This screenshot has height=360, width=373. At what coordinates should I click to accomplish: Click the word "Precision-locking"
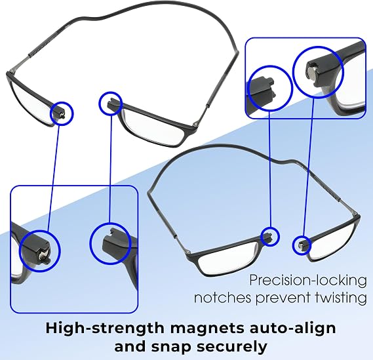(308, 281)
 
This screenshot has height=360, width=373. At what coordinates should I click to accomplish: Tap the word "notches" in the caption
(222, 298)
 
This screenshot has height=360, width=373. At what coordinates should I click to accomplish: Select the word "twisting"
(341, 298)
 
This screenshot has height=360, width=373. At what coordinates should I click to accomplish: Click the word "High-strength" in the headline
(105, 329)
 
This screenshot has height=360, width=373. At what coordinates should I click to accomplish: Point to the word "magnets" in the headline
(207, 328)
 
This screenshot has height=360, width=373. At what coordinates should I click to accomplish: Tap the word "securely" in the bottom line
(233, 347)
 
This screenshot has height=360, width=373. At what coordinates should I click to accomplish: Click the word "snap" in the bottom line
(170, 348)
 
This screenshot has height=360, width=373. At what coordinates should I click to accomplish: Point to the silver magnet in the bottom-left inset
(43, 256)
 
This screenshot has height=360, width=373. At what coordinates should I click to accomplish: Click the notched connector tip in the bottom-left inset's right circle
(113, 241)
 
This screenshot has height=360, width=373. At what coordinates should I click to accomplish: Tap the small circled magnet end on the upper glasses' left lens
(61, 113)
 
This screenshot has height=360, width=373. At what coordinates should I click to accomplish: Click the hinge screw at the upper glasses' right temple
(195, 123)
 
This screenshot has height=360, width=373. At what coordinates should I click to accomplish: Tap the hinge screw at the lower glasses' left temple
(189, 252)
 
